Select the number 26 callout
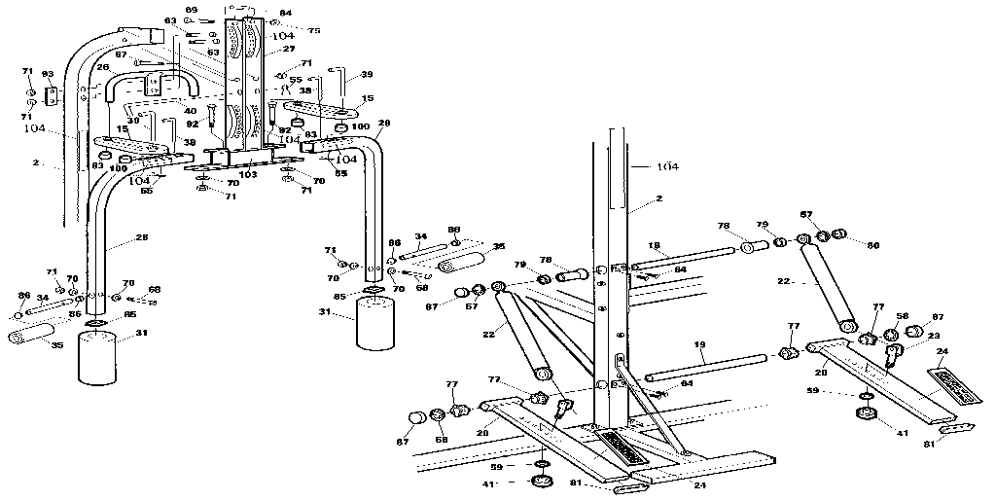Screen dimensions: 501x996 click(x=103, y=67)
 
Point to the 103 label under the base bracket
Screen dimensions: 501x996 click(x=249, y=175)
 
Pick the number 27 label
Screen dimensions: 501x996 click(x=288, y=49)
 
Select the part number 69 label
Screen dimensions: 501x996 click(x=191, y=10)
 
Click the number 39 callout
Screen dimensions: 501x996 click(x=366, y=74)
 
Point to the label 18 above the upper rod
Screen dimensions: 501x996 click(x=654, y=245)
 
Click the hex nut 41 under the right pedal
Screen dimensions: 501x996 click(x=865, y=415)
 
